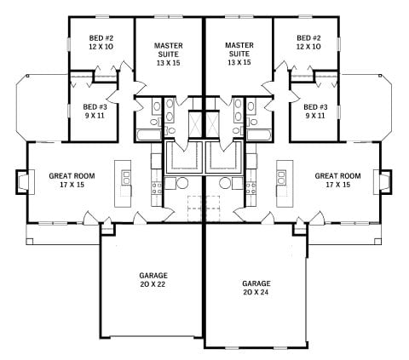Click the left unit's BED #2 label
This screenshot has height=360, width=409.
tap(101, 37)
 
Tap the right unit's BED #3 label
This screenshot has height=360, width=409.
tap(315, 107)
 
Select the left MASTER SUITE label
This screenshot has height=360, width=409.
tap(169, 49)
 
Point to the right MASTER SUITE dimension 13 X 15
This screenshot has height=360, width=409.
tap(239, 62)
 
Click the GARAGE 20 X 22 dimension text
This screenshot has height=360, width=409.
tap(153, 284)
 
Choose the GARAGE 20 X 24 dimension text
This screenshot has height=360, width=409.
tap(256, 292)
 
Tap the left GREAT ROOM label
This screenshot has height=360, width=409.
tap(72, 176)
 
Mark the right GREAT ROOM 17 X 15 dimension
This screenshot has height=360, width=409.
tap(337, 185)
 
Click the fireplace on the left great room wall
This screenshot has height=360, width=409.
tap(22, 182)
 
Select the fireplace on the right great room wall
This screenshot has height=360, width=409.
tap(383, 182)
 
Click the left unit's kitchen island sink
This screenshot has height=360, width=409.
tap(126, 178)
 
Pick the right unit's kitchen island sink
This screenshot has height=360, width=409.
tap(281, 178)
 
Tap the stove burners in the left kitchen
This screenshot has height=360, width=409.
tap(157, 188)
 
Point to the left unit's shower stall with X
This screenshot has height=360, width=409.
tap(195, 125)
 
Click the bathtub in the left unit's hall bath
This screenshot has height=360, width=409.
tap(149, 135)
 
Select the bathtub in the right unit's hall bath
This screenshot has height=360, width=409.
tap(259, 135)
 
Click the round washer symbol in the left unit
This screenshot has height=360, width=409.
tap(182, 183)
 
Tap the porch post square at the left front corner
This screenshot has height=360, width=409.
tap(29, 242)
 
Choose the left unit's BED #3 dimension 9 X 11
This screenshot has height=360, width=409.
tap(95, 116)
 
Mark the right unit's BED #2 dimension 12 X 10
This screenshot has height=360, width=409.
tap(308, 47)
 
